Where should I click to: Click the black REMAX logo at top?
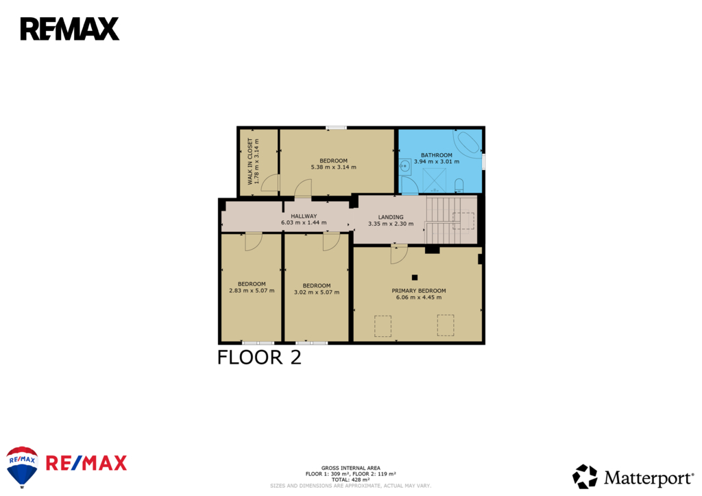(70, 29)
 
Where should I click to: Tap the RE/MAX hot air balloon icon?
(22, 467)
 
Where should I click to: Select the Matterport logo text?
(649, 478)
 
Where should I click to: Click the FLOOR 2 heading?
(259, 357)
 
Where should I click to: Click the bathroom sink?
(404, 166)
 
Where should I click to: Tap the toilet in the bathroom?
(459, 185)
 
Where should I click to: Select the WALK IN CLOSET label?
(250, 161)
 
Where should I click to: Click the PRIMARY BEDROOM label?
(419, 291)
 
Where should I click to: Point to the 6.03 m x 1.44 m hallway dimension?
(304, 223)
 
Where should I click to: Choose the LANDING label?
(390, 217)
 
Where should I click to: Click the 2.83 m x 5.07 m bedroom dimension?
(252, 291)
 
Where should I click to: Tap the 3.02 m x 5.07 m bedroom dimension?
(317, 292)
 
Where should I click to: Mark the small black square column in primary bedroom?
(415, 277)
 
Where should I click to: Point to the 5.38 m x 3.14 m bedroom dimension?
(334, 167)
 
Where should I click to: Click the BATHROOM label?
(437, 156)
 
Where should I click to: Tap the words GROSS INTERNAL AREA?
(350, 469)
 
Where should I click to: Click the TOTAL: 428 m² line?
(350, 480)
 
